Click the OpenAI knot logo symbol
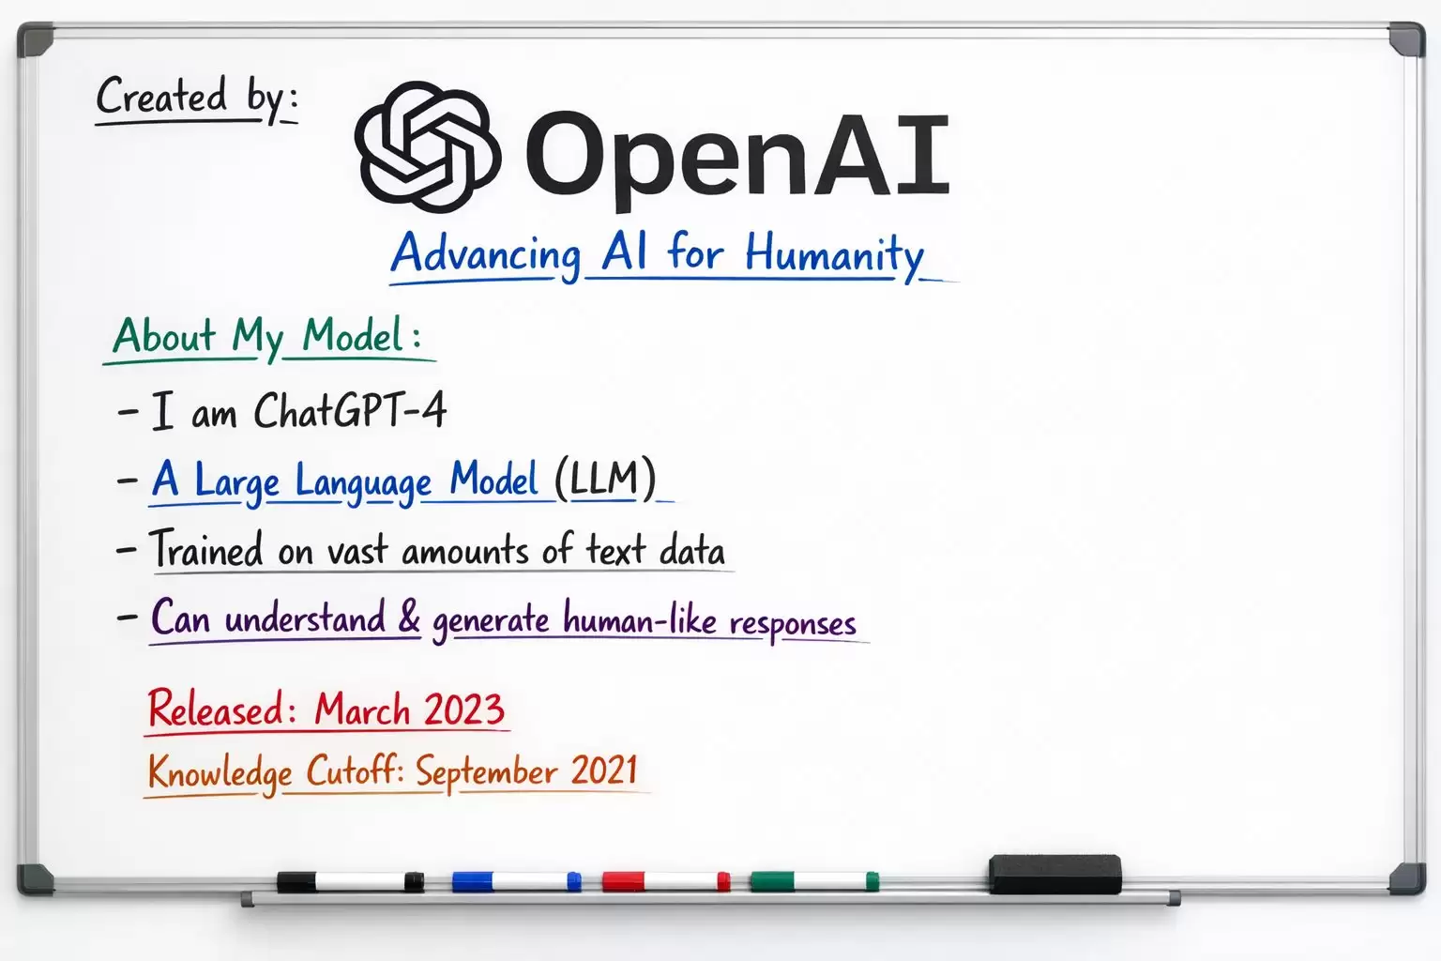(x=427, y=145)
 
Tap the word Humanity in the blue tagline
(x=834, y=254)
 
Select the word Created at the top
(x=161, y=97)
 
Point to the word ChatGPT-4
(x=350, y=411)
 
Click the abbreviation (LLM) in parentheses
(x=604, y=479)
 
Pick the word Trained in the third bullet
(x=207, y=550)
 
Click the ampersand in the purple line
(x=409, y=618)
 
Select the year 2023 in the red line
(x=463, y=709)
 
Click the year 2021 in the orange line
(x=604, y=770)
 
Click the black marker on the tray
(x=350, y=881)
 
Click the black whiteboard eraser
(x=1054, y=874)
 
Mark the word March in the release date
(x=362, y=709)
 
